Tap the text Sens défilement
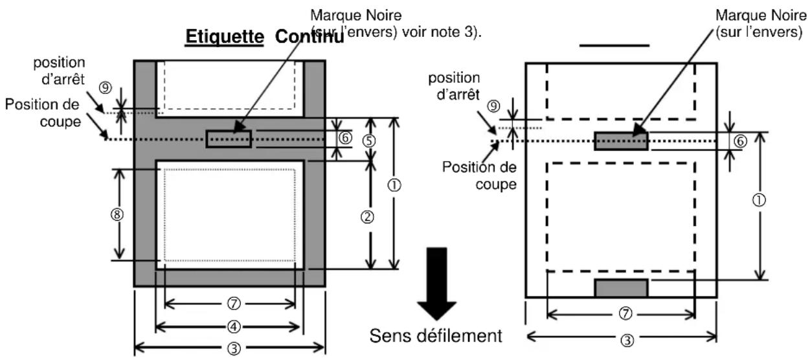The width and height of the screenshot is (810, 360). (435, 335)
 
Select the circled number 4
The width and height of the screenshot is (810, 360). (229, 325)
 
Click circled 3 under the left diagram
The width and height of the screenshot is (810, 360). (229, 347)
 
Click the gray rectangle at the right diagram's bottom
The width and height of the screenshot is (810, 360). (621, 287)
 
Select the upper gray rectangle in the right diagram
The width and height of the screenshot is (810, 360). (621, 141)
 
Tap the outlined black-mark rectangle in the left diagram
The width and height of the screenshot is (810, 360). (229, 139)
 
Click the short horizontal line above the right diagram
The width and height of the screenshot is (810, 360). (614, 46)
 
